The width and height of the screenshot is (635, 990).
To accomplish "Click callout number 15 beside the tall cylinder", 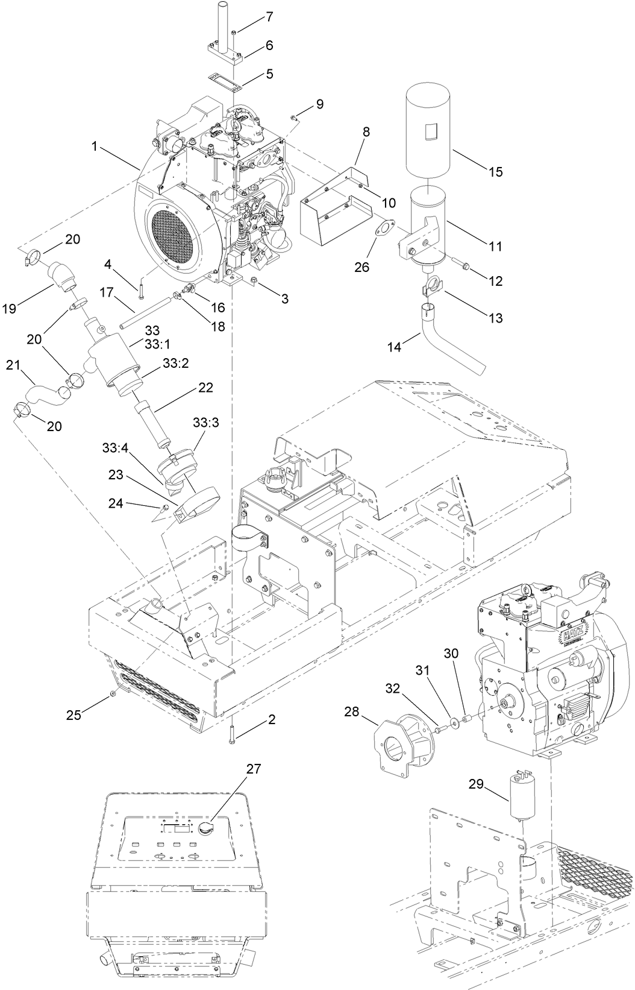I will (495, 172).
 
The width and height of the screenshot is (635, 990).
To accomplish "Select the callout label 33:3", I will (205, 423).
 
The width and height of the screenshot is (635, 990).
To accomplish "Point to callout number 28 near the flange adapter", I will (352, 712).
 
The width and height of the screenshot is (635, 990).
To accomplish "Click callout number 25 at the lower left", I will (74, 716).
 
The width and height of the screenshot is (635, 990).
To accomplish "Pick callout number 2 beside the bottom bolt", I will (272, 719).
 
